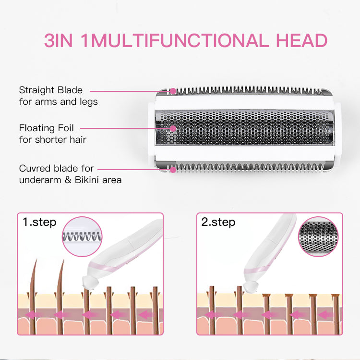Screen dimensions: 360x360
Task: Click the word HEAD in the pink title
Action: [301, 40]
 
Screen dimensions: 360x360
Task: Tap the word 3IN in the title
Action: [58, 40]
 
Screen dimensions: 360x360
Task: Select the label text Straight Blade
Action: [51, 90]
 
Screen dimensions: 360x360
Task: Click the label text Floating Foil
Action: [47, 128]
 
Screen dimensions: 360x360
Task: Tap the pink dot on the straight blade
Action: [173, 91]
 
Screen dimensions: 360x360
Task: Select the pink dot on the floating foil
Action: [173, 128]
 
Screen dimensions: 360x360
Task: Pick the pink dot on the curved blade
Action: [173, 170]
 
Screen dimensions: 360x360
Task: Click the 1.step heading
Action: [39, 223]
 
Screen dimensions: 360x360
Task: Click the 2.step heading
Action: [218, 223]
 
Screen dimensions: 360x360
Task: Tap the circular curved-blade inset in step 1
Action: [82, 236]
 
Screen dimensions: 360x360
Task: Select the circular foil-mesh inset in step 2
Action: [318, 236]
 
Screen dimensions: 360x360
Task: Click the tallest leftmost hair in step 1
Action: [33, 297]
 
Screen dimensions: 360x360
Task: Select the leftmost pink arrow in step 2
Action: [210, 314]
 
